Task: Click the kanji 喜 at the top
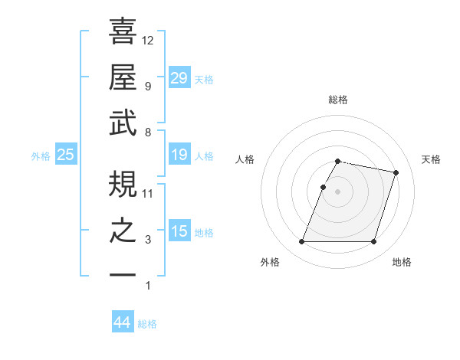click(x=123, y=31)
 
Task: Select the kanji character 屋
click(x=123, y=76)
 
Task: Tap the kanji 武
click(x=123, y=123)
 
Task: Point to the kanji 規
click(x=123, y=183)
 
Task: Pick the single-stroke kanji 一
click(x=123, y=274)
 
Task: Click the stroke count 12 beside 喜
click(x=148, y=40)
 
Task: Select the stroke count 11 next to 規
click(x=148, y=193)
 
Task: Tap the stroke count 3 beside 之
click(x=148, y=240)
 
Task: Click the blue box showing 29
click(x=179, y=78)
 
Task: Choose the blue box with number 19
click(x=179, y=155)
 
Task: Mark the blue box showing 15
click(x=179, y=231)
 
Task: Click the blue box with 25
click(x=65, y=155)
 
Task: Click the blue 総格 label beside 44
click(x=147, y=324)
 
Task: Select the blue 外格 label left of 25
click(x=41, y=156)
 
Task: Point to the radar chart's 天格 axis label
click(x=431, y=159)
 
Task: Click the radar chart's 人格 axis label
click(x=245, y=159)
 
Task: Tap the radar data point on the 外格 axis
click(x=302, y=242)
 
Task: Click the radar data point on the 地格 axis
click(x=373, y=242)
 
